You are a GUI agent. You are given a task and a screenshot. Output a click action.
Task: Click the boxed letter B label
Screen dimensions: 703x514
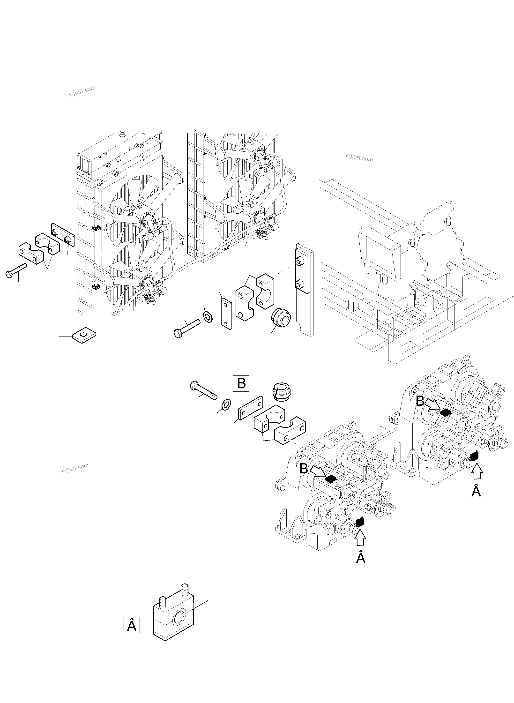[241, 383]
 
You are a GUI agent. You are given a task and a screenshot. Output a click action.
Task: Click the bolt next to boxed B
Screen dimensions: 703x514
[203, 391]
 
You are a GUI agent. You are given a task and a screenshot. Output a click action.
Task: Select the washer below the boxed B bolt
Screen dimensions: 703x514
[226, 404]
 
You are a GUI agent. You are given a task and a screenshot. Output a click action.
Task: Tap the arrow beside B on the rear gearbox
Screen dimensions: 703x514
[432, 405]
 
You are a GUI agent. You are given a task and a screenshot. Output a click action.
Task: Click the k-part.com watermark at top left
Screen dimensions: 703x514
[82, 91]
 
